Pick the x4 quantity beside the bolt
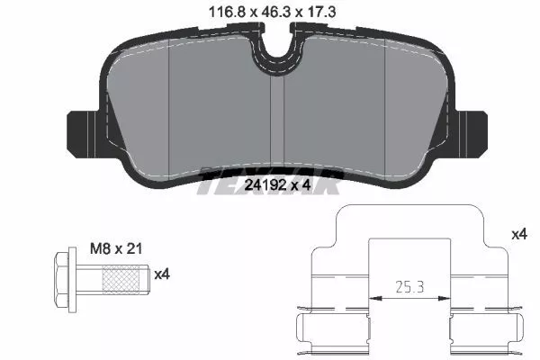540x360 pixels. coord(162,274)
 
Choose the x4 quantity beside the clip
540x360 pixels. coord(518,234)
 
